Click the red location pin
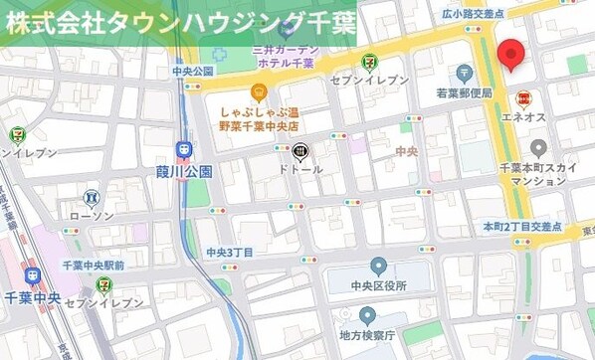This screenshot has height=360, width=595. (511, 55)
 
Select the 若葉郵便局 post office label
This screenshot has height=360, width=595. (464, 92)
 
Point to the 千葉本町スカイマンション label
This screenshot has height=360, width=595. (538, 176)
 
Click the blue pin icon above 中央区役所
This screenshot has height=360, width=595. (378, 266)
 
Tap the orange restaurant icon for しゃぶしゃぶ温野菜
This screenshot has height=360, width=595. (259, 92)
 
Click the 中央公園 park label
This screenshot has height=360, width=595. (193, 71)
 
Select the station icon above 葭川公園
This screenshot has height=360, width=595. (184, 149)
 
